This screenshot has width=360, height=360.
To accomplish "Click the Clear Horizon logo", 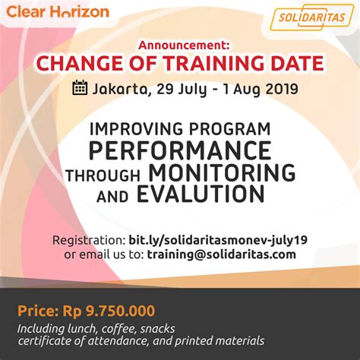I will pos(58,13).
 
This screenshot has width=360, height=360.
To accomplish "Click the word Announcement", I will pos(180,45).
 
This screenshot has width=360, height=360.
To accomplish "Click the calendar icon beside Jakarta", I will pos(80,88).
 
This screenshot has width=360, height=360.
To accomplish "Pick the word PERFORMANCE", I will pos(180,147).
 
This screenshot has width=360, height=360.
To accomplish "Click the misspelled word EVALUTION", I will pos(201,195).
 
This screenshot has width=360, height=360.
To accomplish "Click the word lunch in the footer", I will pos(82,328).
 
